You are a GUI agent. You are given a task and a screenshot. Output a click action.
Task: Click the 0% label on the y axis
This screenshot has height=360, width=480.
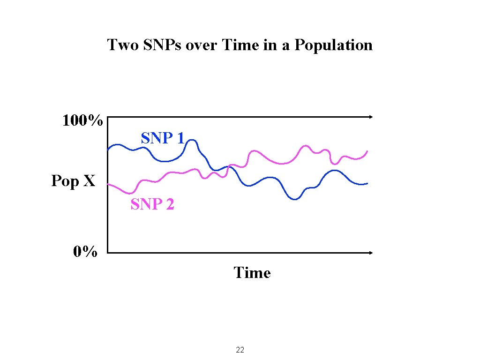point(85,253)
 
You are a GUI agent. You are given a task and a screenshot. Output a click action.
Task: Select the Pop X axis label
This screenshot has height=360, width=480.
point(73,181)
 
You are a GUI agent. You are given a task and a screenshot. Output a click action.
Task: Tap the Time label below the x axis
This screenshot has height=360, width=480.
point(252,273)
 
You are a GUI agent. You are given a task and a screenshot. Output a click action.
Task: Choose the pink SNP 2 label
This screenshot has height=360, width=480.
point(152,204)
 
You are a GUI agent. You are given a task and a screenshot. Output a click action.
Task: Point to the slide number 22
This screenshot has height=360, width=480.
point(240,350)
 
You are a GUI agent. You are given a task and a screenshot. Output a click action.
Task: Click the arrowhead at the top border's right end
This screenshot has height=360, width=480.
point(371,117)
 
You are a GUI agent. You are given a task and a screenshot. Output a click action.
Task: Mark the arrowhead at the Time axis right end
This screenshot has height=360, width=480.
point(371,253)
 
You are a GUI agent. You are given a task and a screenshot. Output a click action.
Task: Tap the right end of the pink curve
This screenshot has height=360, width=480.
point(367,151)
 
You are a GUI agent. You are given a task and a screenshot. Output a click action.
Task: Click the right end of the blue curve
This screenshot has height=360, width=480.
point(367,183)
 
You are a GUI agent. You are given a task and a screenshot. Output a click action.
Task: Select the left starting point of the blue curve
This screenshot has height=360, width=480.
point(108,150)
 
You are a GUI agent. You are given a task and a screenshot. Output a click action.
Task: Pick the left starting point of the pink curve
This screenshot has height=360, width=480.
point(108,184)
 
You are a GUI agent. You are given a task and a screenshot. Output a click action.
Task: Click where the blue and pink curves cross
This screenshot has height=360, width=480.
point(228,166)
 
